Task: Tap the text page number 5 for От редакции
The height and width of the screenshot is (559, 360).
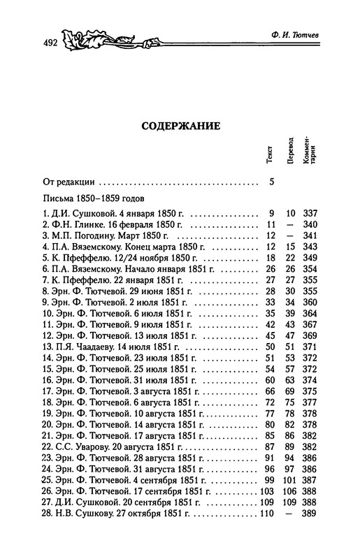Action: coord(272,183)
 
